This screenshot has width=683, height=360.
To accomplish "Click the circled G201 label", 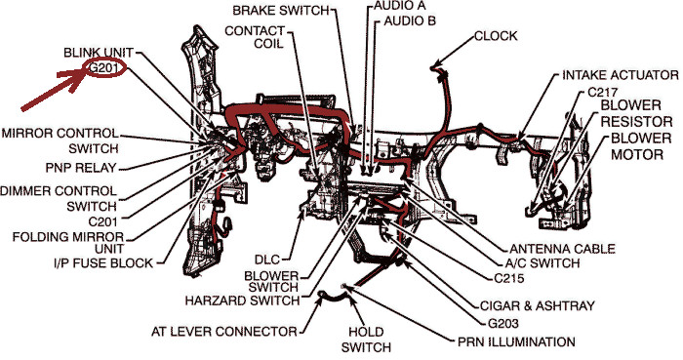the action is pyautogui.click(x=105, y=68).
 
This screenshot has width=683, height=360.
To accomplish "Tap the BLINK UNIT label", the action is pyautogui.click(x=99, y=53).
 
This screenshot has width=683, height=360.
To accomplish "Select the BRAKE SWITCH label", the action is pyautogui.click(x=281, y=11).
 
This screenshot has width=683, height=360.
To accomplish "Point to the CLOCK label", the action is pyautogui.click(x=496, y=36).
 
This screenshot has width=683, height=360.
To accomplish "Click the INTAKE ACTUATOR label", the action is pyautogui.click(x=621, y=75).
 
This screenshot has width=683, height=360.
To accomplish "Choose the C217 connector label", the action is pyautogui.click(x=602, y=93).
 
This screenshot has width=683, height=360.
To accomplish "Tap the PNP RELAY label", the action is pyautogui.click(x=81, y=168).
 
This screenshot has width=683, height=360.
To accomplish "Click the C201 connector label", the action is pyautogui.click(x=103, y=221).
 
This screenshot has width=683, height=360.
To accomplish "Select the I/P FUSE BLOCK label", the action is pyautogui.click(x=103, y=262).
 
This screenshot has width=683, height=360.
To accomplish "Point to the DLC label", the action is pyautogui.click(x=267, y=260).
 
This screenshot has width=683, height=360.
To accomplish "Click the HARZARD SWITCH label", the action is pyautogui.click(x=243, y=300).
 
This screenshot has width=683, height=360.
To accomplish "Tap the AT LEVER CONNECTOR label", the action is pyautogui.click(x=223, y=332).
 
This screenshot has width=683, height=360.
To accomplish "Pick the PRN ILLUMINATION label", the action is pyautogui.click(x=516, y=342).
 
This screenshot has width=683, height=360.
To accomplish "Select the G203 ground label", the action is pyautogui.click(x=503, y=324).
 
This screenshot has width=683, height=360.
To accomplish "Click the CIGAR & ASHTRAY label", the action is pyautogui.click(x=537, y=305).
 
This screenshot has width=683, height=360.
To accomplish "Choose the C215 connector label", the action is pyautogui.click(x=509, y=278).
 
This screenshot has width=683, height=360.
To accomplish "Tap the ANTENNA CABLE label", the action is pyautogui.click(x=562, y=249).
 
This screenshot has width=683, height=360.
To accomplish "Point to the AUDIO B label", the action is pyautogui.click(x=410, y=20).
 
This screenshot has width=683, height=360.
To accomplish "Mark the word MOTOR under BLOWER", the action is pyautogui.click(x=637, y=154).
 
